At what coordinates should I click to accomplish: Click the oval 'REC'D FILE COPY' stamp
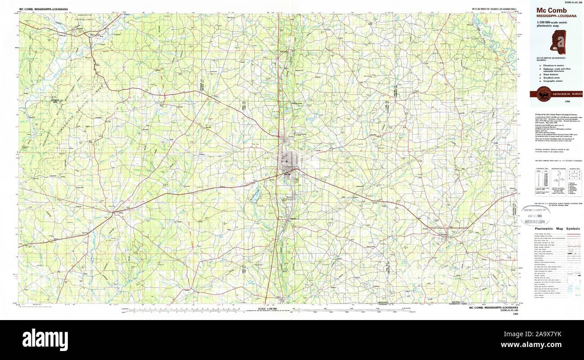click(535, 215)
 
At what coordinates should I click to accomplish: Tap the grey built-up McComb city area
click(288, 159)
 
